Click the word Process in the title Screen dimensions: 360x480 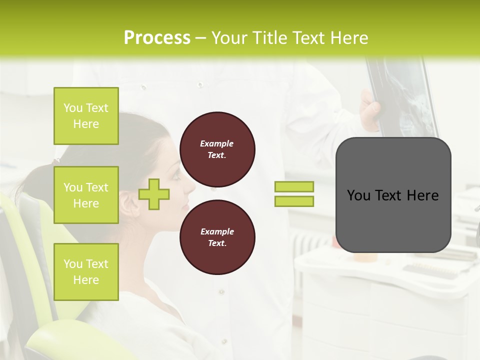(157, 38)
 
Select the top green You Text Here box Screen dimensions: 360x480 (86, 116)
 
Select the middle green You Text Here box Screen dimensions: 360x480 (86, 195)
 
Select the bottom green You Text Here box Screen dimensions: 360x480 (86, 272)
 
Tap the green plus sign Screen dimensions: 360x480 (153, 194)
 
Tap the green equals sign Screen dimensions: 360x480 (294, 194)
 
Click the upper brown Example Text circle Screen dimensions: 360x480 (217, 149)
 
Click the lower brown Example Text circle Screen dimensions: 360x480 (217, 237)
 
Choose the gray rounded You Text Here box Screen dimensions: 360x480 (393, 195)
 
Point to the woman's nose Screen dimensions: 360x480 (190, 185)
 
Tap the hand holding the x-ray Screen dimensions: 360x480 (370, 112)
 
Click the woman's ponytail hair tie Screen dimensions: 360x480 (57, 161)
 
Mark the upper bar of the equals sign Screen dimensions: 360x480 (294, 187)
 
